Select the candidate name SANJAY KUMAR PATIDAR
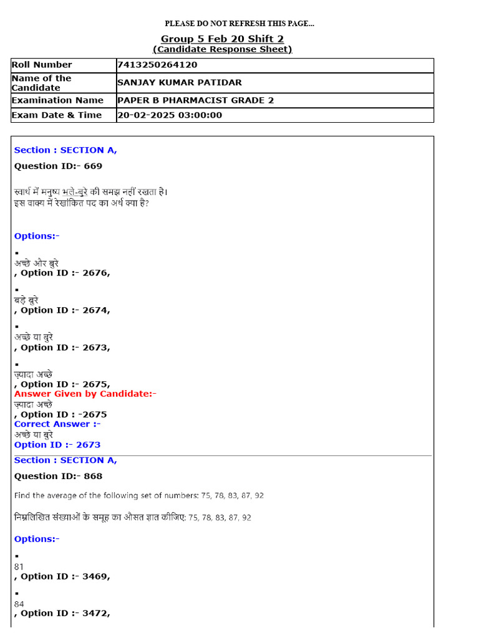tap(180, 83)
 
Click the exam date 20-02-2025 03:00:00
tap(170, 115)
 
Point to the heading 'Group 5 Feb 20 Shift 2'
tap(222, 39)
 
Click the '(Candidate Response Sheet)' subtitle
tap(222, 49)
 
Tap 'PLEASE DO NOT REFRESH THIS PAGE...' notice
tap(239, 24)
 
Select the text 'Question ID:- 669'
tap(58, 166)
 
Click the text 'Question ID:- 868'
tap(58, 476)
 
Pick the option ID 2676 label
tap(65, 273)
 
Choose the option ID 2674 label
tap(65, 310)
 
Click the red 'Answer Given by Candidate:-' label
tap(85, 394)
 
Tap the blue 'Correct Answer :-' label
tap(57, 424)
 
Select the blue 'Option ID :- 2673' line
tap(57, 445)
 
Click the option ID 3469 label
tap(65, 576)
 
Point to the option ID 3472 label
tap(65, 613)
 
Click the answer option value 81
tap(19, 567)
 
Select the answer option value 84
tap(19, 604)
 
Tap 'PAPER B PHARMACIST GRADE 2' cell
tap(195, 100)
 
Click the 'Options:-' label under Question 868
tap(37, 539)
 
